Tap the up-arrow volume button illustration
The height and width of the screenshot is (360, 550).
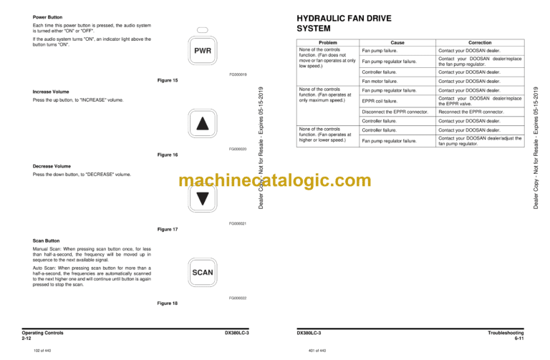(202, 124)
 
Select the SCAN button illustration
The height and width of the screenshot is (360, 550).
(203, 272)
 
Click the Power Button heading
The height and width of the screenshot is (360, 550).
(48, 16)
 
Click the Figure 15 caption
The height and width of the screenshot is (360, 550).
(167, 80)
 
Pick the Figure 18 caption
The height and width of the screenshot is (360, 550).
(167, 303)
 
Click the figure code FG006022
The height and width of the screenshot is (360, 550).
(238, 297)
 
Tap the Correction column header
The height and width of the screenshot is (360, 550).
(480, 43)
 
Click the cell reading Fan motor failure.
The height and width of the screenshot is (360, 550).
(380, 82)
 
